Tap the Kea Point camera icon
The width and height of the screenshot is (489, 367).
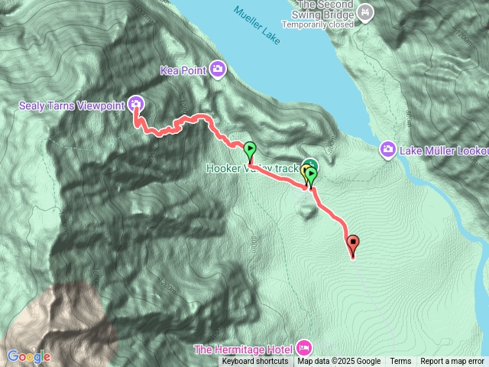point(219,70)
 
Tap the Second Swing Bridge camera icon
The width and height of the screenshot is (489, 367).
point(365,12)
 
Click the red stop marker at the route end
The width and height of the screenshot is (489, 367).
point(353,245)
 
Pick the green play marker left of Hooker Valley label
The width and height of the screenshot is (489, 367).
point(250,149)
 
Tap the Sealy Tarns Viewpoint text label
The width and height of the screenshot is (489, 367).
point(71,105)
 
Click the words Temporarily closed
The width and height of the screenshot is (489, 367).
point(317,24)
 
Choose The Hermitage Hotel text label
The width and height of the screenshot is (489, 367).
point(246,349)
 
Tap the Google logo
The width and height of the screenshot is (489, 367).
point(28,356)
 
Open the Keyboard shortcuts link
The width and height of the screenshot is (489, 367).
point(255,362)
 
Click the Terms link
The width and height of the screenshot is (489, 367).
point(400,362)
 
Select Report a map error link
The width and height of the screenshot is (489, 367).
point(452,362)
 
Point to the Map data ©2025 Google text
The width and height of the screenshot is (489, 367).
point(339,362)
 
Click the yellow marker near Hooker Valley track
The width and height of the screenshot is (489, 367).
point(306,171)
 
